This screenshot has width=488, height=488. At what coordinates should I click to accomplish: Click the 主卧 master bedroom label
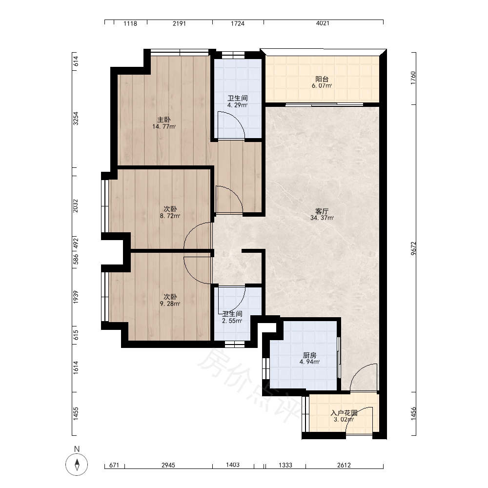click(x=164, y=120)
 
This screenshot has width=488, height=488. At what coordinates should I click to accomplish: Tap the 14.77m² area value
click(x=164, y=127)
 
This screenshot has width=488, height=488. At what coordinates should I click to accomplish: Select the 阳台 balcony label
click(x=322, y=79)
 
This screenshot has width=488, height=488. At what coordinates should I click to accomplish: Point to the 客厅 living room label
click(x=322, y=211)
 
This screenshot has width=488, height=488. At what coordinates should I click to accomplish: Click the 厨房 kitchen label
click(x=310, y=355)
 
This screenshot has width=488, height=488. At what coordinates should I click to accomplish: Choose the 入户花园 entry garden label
click(x=344, y=413)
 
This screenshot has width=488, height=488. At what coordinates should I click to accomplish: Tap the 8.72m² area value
click(x=170, y=216)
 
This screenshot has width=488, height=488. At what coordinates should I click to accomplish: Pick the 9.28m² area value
click(x=170, y=304)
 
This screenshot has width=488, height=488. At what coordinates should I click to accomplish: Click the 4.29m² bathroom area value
click(x=238, y=105)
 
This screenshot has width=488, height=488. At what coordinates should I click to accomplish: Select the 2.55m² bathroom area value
click(x=232, y=321)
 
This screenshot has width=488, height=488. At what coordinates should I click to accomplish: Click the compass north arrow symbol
click(x=77, y=465)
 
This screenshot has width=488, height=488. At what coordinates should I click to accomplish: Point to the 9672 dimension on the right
click(x=413, y=248)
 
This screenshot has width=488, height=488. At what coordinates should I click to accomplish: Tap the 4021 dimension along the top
click(x=323, y=23)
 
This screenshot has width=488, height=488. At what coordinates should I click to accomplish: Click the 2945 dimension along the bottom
click(x=168, y=465)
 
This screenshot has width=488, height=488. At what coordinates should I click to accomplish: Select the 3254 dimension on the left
click(x=76, y=118)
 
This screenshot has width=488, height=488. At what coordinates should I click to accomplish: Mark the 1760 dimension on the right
click(x=413, y=78)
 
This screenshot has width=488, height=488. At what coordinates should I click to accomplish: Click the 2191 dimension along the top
click(x=179, y=23)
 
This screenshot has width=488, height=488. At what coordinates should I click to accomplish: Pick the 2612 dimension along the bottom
click(x=344, y=465)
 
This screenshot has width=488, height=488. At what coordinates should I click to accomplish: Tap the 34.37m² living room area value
click(x=322, y=218)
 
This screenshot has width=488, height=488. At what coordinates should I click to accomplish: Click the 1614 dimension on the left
click(x=76, y=367)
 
